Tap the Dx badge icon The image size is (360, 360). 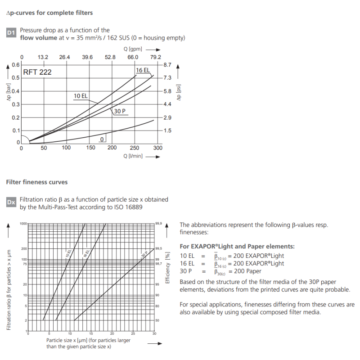coord(12,202)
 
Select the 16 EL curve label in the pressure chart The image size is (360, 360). coord(143,70)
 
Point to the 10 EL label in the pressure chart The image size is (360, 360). coord(81,95)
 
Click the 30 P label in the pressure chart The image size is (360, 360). coord(119,111)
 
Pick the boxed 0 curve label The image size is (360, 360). coord(103,139)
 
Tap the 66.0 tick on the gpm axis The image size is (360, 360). coord(133,57)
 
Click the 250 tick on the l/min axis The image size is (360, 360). coord(135,148)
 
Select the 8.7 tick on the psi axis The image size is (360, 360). coord(167,65)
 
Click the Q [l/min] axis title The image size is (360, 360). coord(133,157)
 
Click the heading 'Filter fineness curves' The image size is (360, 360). coord(37,182)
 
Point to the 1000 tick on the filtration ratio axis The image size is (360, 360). coord(23,224)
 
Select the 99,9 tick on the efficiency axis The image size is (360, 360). coord(158,224)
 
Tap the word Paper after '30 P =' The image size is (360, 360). coord(252,271)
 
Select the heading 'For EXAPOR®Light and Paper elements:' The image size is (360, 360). coord(237,247)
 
